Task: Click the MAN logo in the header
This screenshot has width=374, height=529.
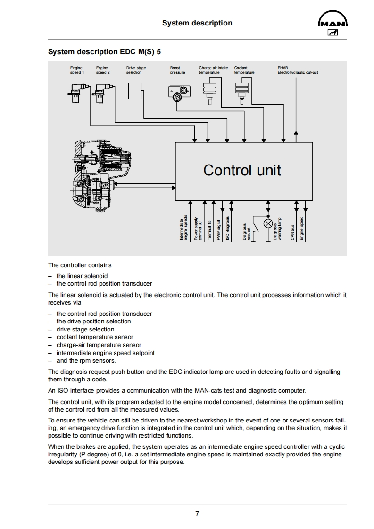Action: [x=333, y=25]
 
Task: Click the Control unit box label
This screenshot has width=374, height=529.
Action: [x=242, y=170]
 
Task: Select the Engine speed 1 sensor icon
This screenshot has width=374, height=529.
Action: [x=75, y=91]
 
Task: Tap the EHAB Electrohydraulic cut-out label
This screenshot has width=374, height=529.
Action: [x=297, y=70]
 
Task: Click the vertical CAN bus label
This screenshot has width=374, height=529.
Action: [x=292, y=232]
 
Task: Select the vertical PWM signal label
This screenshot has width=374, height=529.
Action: [x=218, y=230]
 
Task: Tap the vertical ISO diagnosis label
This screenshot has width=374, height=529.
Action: [x=227, y=229]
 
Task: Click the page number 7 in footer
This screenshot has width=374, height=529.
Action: [x=197, y=514]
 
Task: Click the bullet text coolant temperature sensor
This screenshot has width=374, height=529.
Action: [x=95, y=337]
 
